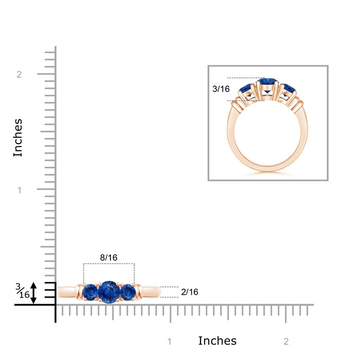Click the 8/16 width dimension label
pyautogui.click(x=109, y=258)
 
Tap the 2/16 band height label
pyautogui.click(x=189, y=292)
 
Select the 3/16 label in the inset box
pyautogui.click(x=221, y=89)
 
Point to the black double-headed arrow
pyautogui.click(x=33, y=293)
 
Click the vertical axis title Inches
pyautogui.click(x=17, y=138)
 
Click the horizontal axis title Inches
pyautogui.click(x=217, y=340)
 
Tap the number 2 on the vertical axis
pyautogui.click(x=19, y=75)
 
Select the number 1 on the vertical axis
pyautogui.click(x=20, y=190)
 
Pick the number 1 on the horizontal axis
pyautogui.click(x=169, y=341)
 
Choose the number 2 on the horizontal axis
pyautogui.click(x=286, y=341)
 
